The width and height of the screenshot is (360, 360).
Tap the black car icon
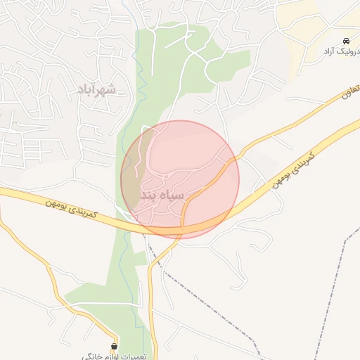[347, 40]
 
